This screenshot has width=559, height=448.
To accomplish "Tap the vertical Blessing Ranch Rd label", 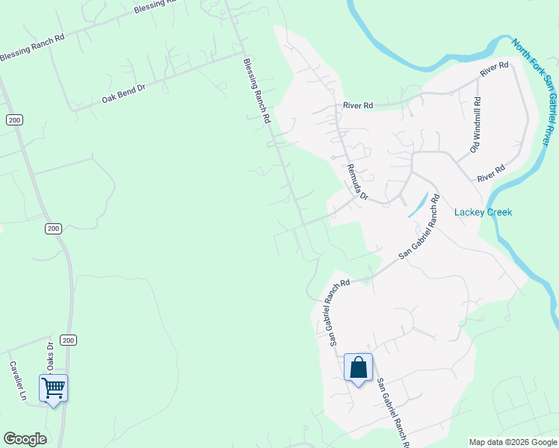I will tap(256, 91).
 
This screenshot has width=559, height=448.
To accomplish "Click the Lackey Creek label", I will tap(483, 212).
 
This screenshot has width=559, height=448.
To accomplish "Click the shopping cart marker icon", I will tap(53, 388).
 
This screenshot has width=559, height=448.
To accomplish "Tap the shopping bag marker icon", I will tap(359, 367).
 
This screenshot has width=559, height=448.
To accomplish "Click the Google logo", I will tap(25, 439).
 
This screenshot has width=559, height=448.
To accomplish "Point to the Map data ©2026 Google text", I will tap(513, 442).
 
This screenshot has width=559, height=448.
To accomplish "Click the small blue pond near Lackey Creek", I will tap(418, 205).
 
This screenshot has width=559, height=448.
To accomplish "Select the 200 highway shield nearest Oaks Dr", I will tap(68, 340).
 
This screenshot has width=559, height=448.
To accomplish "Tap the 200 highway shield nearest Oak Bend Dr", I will tap(13, 119).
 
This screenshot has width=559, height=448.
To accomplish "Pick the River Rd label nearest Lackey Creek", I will tap(490, 173).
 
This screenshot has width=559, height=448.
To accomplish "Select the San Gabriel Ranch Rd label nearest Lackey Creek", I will tap(419, 226).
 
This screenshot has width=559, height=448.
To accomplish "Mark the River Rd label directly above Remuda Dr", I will tap(357, 106).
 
